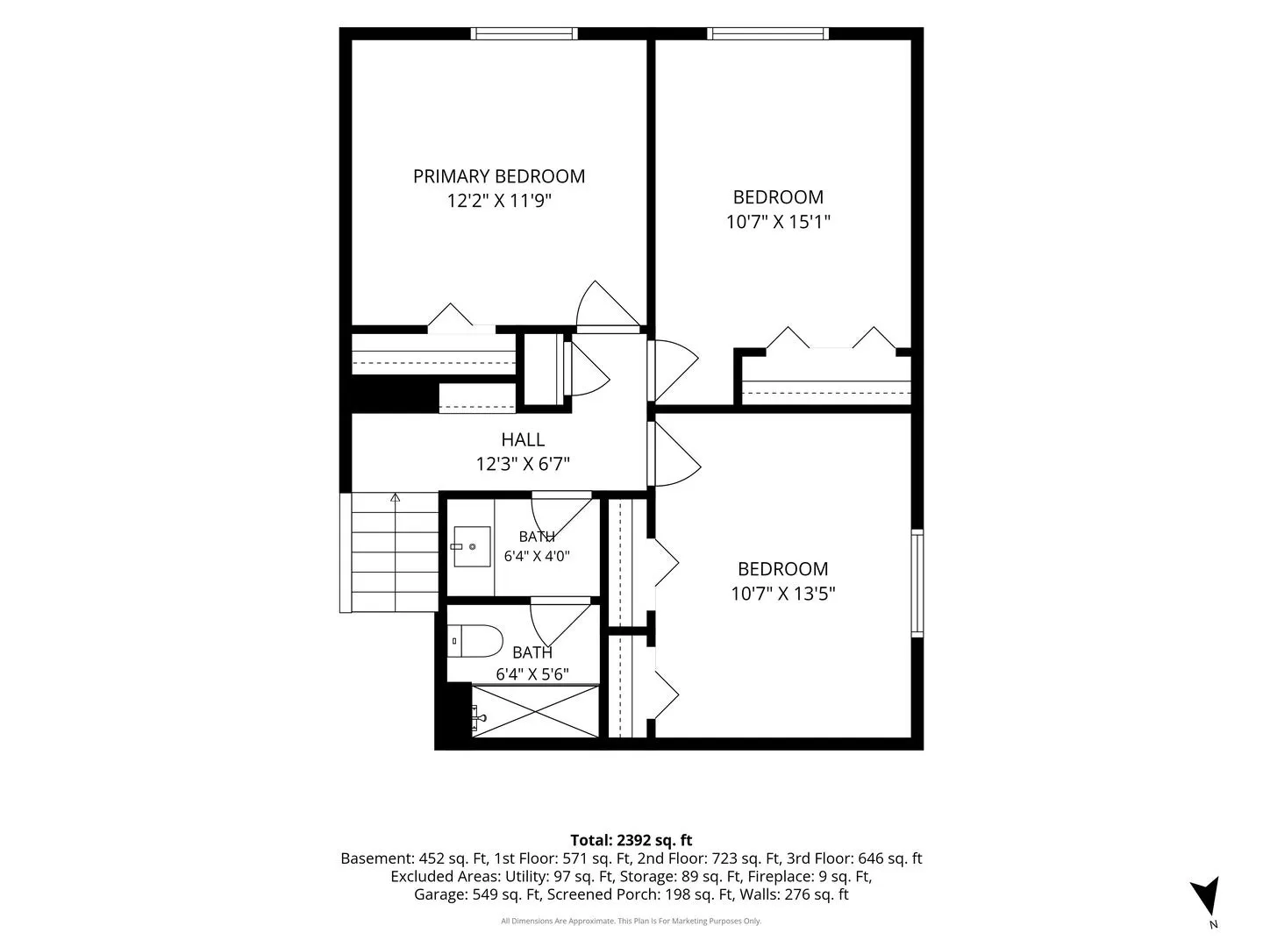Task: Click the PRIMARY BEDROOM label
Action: [x=499, y=176]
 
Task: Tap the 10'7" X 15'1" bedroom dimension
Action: [x=778, y=222]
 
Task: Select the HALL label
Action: [x=523, y=440]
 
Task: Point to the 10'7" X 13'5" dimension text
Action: [x=782, y=594]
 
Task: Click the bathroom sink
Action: [x=473, y=546]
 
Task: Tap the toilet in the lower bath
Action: [x=475, y=641]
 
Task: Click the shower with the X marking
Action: [x=535, y=711]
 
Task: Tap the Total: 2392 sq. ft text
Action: [x=631, y=840]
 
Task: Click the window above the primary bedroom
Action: [x=524, y=33]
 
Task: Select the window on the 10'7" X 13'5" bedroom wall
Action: [x=917, y=583]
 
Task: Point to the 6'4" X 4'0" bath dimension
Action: [x=537, y=556]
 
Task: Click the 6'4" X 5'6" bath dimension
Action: [x=532, y=674]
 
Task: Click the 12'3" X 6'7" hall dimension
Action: [x=523, y=464]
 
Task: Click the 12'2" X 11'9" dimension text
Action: [x=499, y=202]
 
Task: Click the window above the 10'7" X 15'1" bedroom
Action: [x=768, y=33]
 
